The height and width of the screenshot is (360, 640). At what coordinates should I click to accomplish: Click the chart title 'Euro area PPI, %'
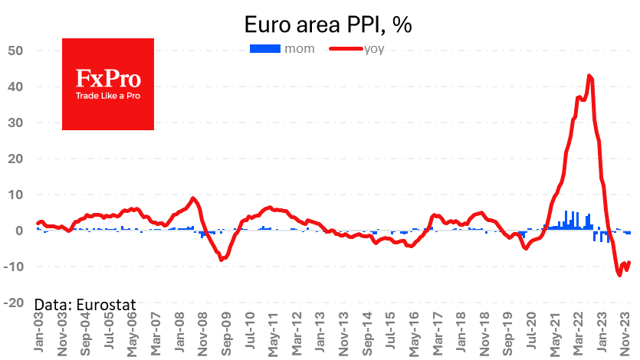tap(328, 25)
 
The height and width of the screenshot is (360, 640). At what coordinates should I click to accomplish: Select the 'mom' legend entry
tap(293, 50)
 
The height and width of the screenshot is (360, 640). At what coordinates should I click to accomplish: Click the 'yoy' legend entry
tap(372, 50)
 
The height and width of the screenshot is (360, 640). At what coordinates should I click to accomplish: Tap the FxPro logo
tap(108, 83)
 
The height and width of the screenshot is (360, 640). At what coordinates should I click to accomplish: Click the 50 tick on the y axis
tap(17, 51)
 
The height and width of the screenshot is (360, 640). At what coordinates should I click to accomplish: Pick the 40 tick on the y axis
tap(17, 87)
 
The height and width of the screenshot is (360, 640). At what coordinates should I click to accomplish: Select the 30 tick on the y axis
tap(17, 123)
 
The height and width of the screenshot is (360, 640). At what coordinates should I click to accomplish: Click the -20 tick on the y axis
tap(15, 303)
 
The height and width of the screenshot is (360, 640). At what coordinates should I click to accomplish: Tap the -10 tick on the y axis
tap(15, 267)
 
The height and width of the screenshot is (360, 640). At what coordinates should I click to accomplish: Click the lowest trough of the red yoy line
tap(619, 275)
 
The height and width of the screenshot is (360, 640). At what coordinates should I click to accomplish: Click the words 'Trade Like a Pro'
tap(107, 97)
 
